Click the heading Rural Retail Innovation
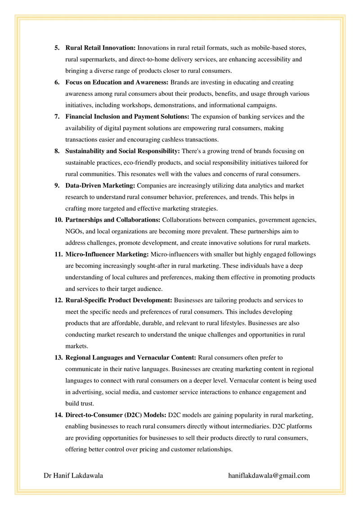click(100, 47)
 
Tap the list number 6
click(57, 82)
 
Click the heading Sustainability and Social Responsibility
click(122, 151)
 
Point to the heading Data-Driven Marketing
click(100, 185)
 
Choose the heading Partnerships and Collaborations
click(113, 220)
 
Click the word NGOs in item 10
click(75, 231)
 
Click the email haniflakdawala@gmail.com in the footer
click(269, 475)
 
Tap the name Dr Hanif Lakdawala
click(73, 475)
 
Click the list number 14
click(58, 414)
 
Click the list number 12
click(58, 300)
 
